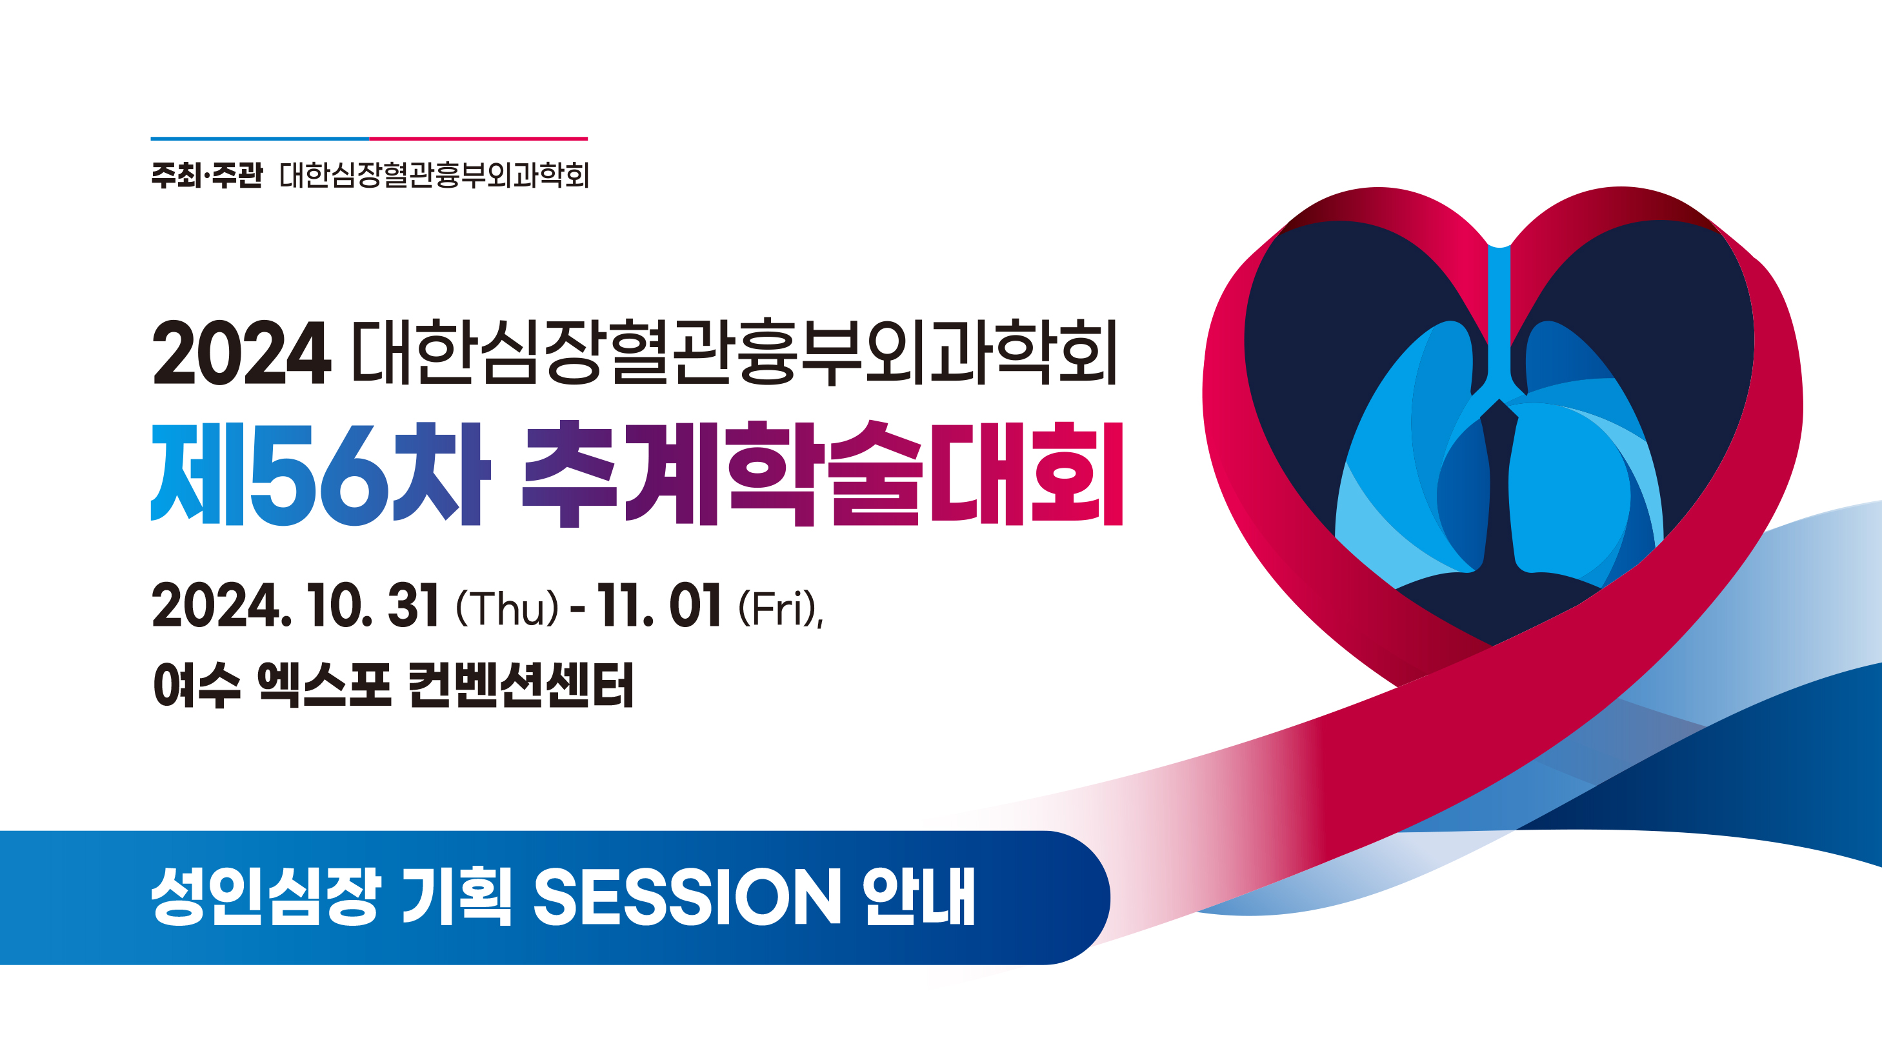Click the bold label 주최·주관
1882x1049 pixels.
tap(206, 175)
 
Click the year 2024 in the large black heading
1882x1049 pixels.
tap(241, 354)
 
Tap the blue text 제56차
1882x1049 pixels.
tap(320, 474)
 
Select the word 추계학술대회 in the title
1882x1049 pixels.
tap(823, 474)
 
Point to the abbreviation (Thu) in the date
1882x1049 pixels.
tap(507, 608)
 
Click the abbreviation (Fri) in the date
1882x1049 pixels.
tap(779, 608)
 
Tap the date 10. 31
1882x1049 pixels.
tap(373, 606)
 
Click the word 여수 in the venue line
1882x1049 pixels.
tap(197, 685)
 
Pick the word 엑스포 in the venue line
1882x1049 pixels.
tap(325, 685)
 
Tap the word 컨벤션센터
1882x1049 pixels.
tap(521, 685)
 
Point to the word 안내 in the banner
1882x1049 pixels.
tap(918, 896)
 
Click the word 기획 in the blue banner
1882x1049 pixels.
tap(457, 896)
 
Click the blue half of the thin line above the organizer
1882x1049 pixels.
tap(260, 138)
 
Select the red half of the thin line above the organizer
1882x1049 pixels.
tap(479, 138)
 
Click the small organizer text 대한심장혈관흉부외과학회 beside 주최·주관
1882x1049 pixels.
tap(435, 175)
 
